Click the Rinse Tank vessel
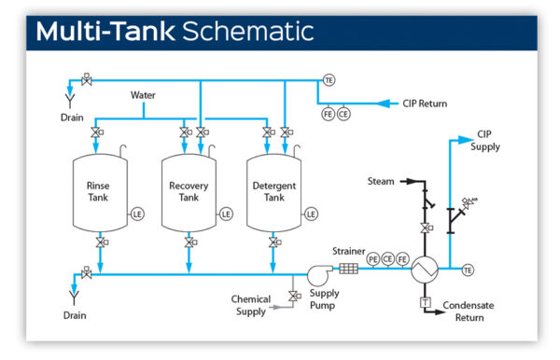coord(99,192)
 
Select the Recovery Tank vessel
coord(189,192)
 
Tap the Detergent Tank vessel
coord(273,192)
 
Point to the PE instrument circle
coord(373,258)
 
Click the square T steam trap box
coord(425,302)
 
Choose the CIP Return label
coord(425,103)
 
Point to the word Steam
coord(381,181)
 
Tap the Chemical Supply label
coord(250,305)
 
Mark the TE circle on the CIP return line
coord(329,79)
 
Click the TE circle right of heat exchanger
coord(468,270)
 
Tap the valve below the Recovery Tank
coord(189,242)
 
